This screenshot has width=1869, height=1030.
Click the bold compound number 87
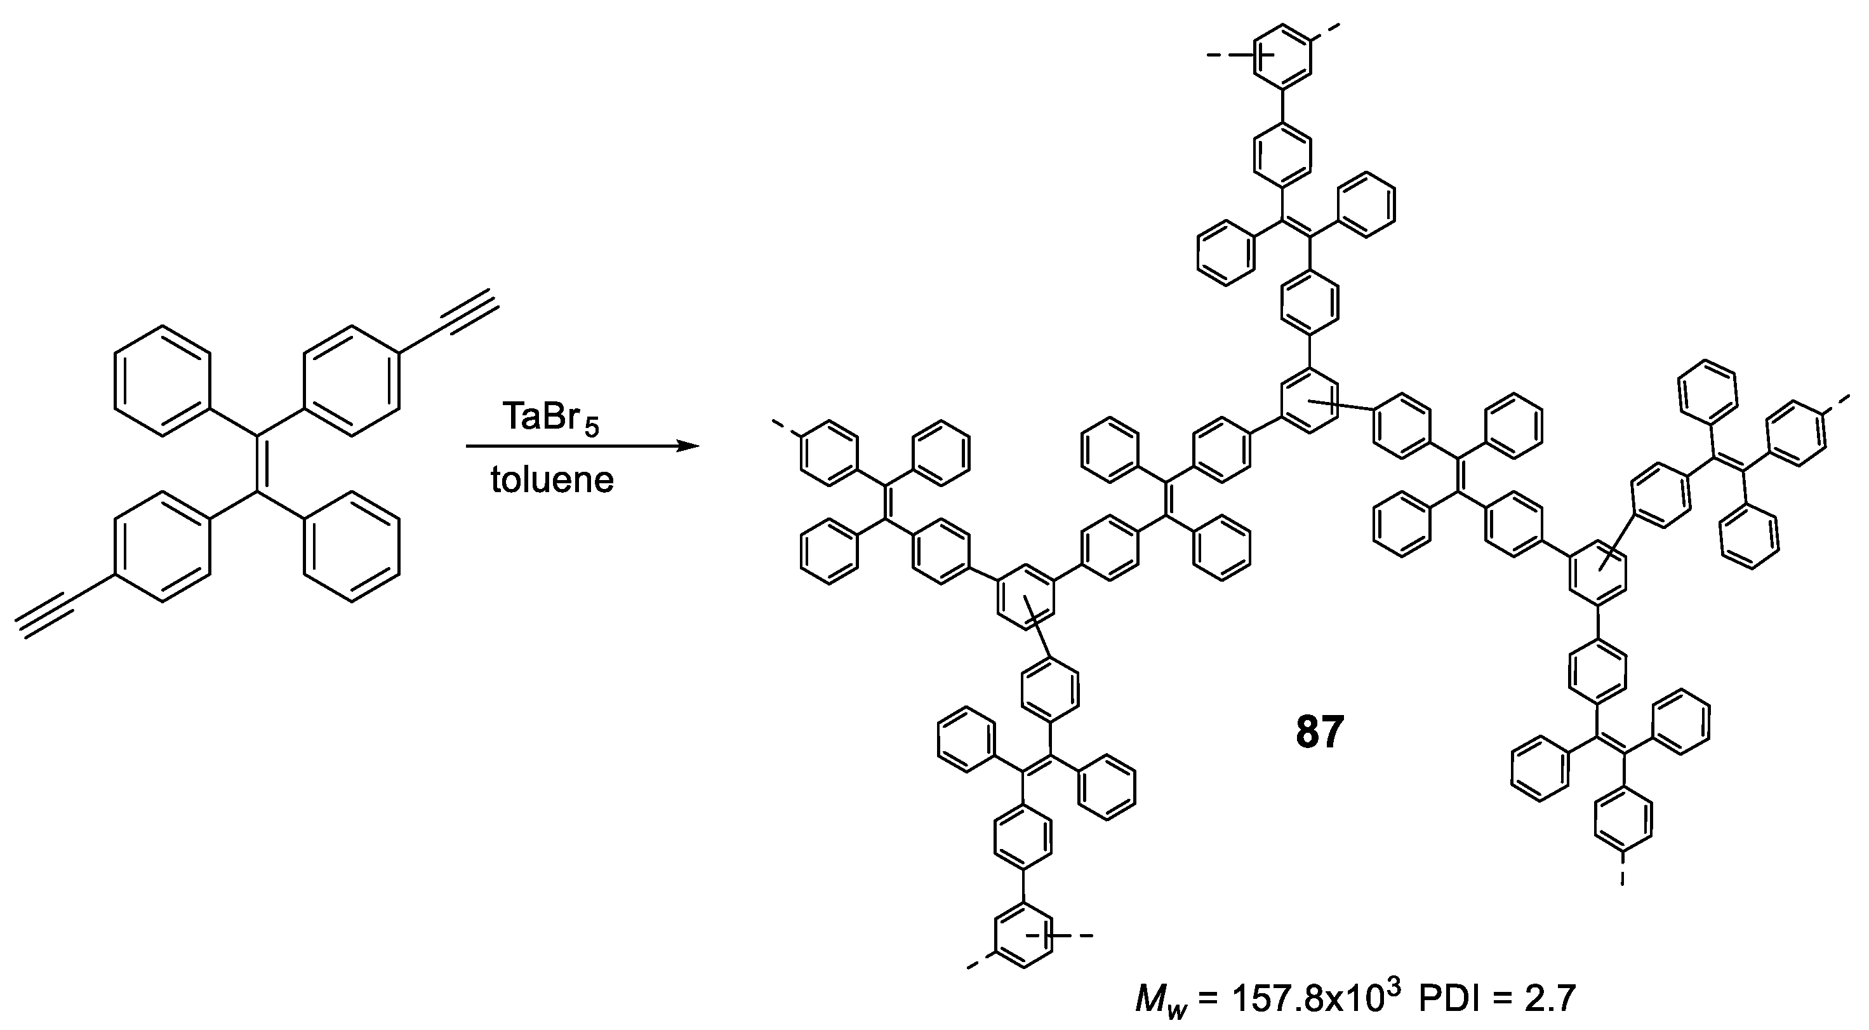(x=1320, y=732)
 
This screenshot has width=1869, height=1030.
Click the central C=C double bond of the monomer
(x=258, y=465)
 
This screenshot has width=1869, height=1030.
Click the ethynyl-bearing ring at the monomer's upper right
(x=352, y=382)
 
